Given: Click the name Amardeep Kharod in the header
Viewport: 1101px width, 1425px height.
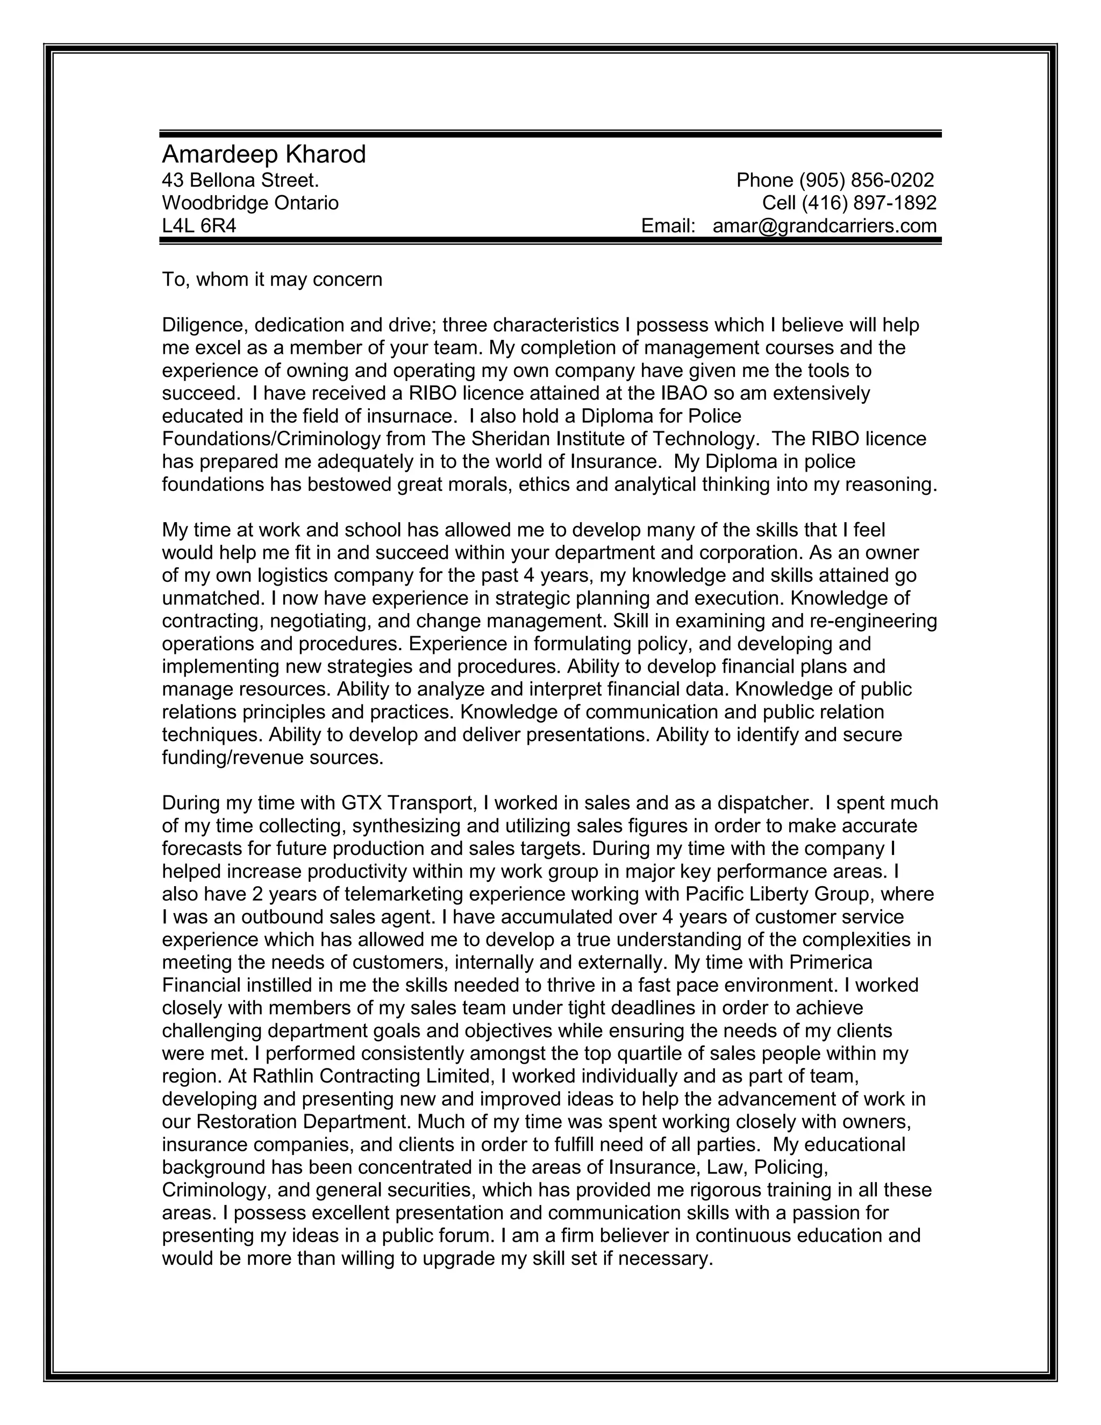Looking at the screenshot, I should click(263, 155).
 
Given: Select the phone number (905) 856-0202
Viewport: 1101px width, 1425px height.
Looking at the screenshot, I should click(866, 180).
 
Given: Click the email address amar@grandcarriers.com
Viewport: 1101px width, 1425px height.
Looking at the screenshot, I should click(825, 226).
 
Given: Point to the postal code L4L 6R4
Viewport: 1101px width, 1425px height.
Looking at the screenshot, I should click(199, 226).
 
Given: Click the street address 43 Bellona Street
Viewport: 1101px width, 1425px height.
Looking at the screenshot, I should click(240, 180).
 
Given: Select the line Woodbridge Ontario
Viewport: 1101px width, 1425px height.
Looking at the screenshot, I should click(251, 203).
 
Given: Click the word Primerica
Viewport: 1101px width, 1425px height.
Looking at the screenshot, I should click(830, 962).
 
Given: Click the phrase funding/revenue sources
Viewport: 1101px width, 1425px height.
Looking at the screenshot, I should click(273, 758).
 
